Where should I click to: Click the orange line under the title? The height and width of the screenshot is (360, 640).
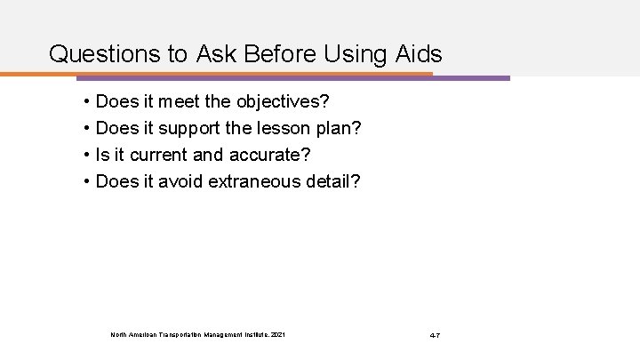pos(222,73)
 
